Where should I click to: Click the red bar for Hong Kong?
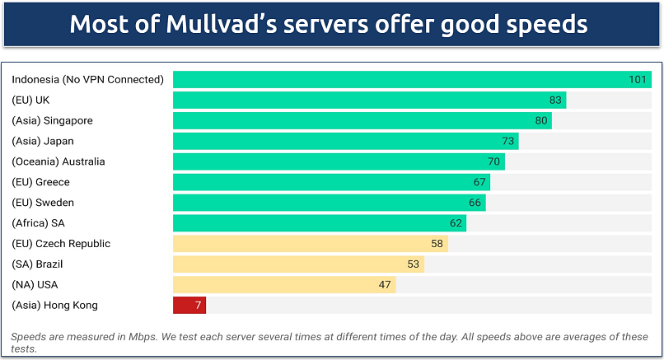[189, 306]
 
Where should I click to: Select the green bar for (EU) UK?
[369, 101]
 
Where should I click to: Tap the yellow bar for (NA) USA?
[284, 285]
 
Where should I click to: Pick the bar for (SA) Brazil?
[298, 264]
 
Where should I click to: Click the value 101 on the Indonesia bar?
[638, 80]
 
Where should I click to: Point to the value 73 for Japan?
[508, 142]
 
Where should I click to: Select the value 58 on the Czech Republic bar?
[437, 244]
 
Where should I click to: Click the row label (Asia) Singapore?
[52, 121]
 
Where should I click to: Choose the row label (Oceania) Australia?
[58, 161]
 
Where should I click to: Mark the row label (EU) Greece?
[40, 182]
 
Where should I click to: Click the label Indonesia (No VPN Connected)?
[87, 80]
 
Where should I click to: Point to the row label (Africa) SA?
[37, 223]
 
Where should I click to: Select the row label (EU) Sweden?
[44, 203]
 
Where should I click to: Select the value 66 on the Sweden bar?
[475, 203]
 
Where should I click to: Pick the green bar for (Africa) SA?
[320, 223]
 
